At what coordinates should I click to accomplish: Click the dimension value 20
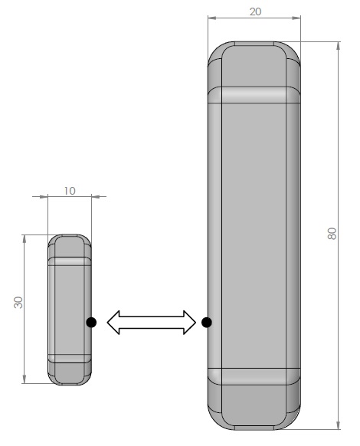point(255,11)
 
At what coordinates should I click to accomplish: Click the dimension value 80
point(332,234)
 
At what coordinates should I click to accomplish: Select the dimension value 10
point(70,191)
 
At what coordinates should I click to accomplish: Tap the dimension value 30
point(18,303)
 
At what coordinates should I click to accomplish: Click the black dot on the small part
point(91,323)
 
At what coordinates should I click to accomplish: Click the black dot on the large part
point(207,323)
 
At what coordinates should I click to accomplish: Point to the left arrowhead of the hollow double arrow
point(113,323)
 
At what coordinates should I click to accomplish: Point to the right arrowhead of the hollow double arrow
point(190,323)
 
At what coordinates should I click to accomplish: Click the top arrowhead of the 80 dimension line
point(338,46)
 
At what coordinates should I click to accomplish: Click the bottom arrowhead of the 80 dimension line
point(338,425)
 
